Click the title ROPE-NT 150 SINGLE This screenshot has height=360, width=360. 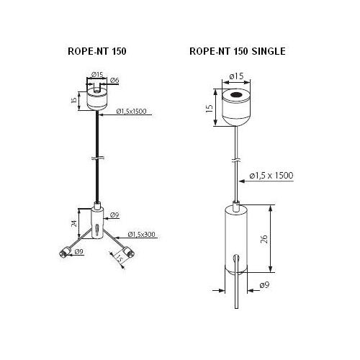click(238, 51)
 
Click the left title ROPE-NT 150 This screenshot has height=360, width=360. click(97, 51)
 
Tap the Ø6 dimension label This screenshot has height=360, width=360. click(114, 81)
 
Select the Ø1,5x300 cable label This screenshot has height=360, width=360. click(142, 234)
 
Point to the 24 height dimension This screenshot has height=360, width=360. click(75, 223)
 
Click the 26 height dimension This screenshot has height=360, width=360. click(264, 239)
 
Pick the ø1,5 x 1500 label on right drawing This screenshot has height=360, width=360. click(271, 176)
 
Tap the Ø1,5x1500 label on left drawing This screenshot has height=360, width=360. click(131, 112)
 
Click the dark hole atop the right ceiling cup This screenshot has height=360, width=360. click(236, 95)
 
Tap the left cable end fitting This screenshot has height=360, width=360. click(64, 253)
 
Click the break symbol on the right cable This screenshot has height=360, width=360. click(237, 160)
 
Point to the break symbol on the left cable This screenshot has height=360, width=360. click(97, 158)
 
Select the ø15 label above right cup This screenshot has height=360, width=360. click(236, 76)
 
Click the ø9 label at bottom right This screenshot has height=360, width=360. click(264, 285)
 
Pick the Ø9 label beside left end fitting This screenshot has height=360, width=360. click(79, 251)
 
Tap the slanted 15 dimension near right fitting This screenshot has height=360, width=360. click(120, 258)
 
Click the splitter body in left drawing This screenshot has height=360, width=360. click(97, 221)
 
